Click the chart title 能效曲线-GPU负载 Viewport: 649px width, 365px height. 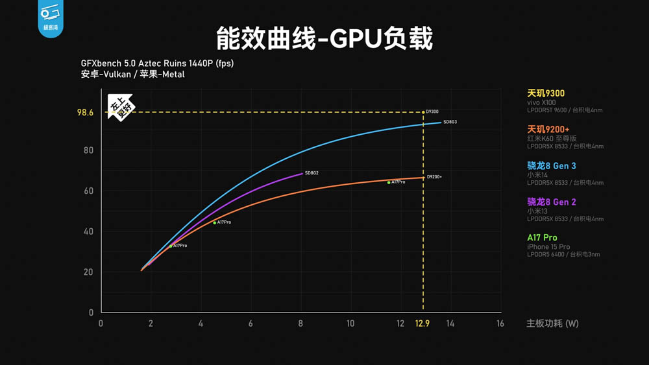point(324,39)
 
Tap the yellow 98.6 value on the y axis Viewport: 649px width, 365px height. point(85,113)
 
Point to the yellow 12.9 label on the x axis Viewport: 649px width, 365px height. point(422,324)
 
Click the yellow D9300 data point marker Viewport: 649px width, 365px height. point(424,112)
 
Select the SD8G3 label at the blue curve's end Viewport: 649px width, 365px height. point(450,122)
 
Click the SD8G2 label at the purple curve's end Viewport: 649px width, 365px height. point(312,173)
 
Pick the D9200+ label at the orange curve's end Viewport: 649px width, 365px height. point(434,177)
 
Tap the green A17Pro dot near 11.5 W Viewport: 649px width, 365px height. point(389,183)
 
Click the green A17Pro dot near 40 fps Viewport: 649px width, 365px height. point(215,223)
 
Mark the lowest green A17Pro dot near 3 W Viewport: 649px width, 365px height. point(171,246)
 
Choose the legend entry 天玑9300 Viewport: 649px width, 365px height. point(546,93)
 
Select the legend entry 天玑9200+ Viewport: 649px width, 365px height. point(548,130)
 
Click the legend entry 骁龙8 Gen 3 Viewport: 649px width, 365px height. point(552,166)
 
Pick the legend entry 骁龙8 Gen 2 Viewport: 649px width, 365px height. point(552,202)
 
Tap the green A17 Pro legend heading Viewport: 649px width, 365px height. point(542,238)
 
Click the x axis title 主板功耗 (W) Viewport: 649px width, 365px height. point(552,324)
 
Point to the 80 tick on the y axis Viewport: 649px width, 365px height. point(88,150)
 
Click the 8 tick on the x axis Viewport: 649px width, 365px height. point(300,324)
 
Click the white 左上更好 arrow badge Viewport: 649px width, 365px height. point(121,108)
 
